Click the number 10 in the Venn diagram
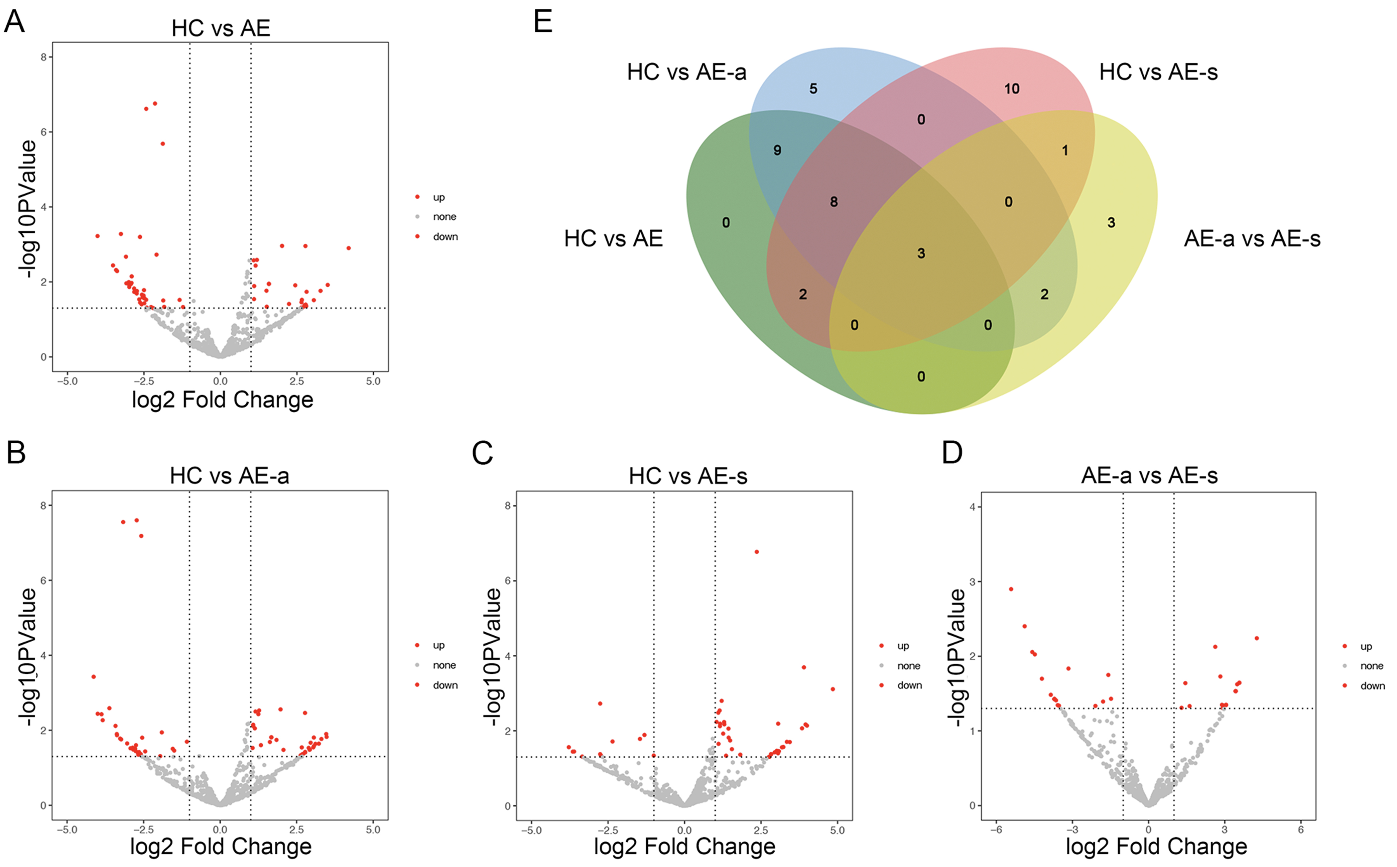1011,89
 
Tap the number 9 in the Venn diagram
777,150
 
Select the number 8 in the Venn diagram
834,202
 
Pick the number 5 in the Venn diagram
813,89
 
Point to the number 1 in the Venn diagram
1065,151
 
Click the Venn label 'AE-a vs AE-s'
1252,238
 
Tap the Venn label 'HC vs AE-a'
686,72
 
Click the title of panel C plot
687,476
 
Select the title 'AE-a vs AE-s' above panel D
1149,475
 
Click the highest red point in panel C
756,552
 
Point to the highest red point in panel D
1011,589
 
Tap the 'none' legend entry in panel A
444,217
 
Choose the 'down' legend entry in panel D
1372,686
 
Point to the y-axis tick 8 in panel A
43,57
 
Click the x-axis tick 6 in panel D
1301,830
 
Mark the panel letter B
16,452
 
